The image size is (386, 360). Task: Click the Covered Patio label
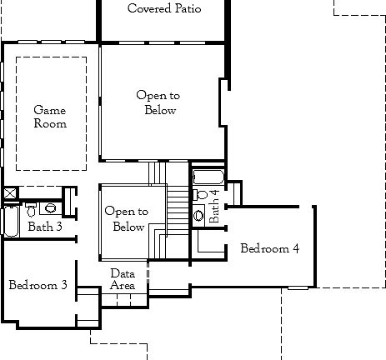[x=163, y=9]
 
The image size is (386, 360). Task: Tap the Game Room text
[x=49, y=117]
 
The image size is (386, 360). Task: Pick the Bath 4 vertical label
[x=214, y=206]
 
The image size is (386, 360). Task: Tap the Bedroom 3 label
[x=38, y=285]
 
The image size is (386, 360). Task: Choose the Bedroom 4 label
[x=269, y=248]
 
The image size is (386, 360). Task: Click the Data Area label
[x=123, y=279]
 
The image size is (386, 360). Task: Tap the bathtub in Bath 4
[x=208, y=177]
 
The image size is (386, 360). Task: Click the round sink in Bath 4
[x=198, y=215]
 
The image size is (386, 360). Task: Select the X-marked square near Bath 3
[x=9, y=193]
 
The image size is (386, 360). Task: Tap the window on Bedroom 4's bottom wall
[x=298, y=287]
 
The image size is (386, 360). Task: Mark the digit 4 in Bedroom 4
[x=295, y=248]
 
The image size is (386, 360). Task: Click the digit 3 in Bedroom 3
[x=64, y=285]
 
